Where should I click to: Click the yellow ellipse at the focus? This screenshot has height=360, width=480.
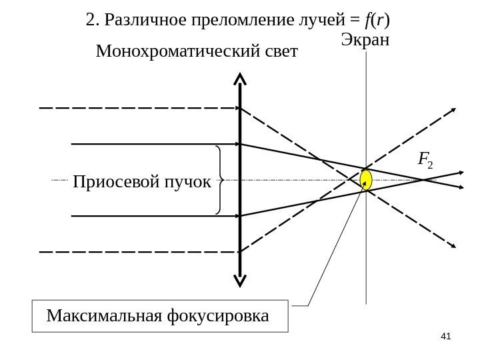(366, 179)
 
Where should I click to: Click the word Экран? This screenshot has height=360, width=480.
(365, 39)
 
